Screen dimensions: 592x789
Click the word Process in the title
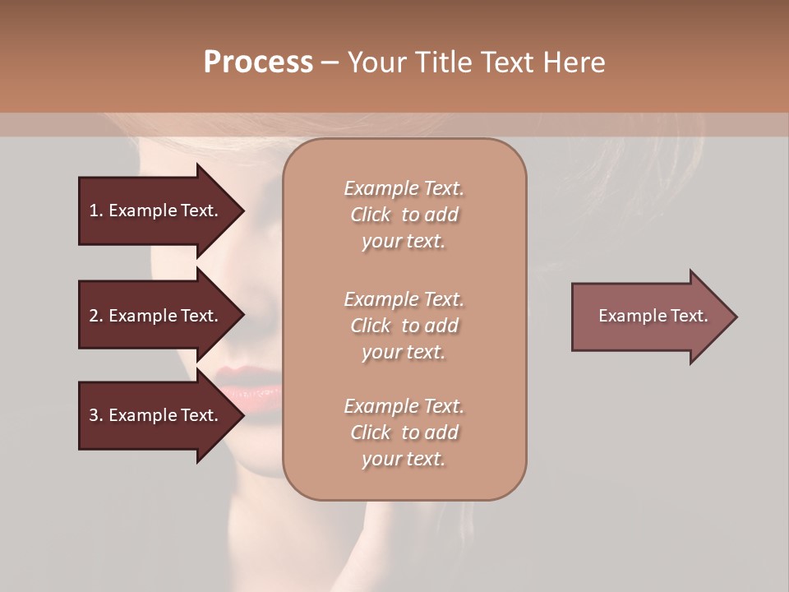[x=258, y=62]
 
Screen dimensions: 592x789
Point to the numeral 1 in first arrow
[x=94, y=210]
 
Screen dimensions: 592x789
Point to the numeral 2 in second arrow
[x=94, y=316]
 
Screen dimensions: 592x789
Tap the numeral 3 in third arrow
[x=94, y=415]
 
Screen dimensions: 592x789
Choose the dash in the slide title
[x=330, y=62]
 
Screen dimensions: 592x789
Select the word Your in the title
[x=376, y=62]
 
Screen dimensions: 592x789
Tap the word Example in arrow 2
[x=143, y=316]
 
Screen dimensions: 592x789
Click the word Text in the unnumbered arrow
[x=690, y=316]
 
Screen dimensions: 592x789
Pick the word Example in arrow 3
[x=143, y=415]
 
